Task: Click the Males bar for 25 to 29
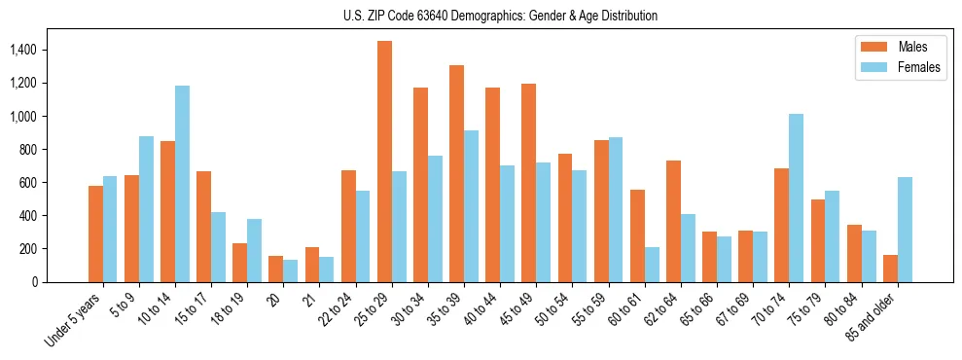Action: coord(384,162)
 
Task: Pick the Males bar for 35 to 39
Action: coord(456,173)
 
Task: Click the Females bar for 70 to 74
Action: coord(797,198)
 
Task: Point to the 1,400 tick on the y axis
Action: coord(50,50)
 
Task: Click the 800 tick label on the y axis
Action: coord(55,149)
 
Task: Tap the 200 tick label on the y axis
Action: coord(55,248)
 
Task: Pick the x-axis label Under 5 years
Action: coord(74,321)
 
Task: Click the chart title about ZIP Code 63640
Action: coord(500,16)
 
